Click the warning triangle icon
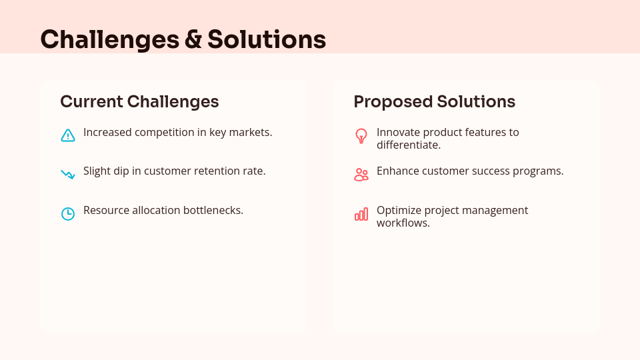coord(68,135)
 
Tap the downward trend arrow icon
coord(68,175)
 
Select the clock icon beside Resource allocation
coord(68,214)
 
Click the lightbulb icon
coord(361,136)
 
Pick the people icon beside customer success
coord(361,175)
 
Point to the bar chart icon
coord(361,214)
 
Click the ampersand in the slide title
coord(193,40)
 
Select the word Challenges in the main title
coord(109,40)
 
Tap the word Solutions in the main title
coord(267,40)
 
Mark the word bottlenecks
coord(211,210)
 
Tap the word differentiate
coord(409,145)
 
